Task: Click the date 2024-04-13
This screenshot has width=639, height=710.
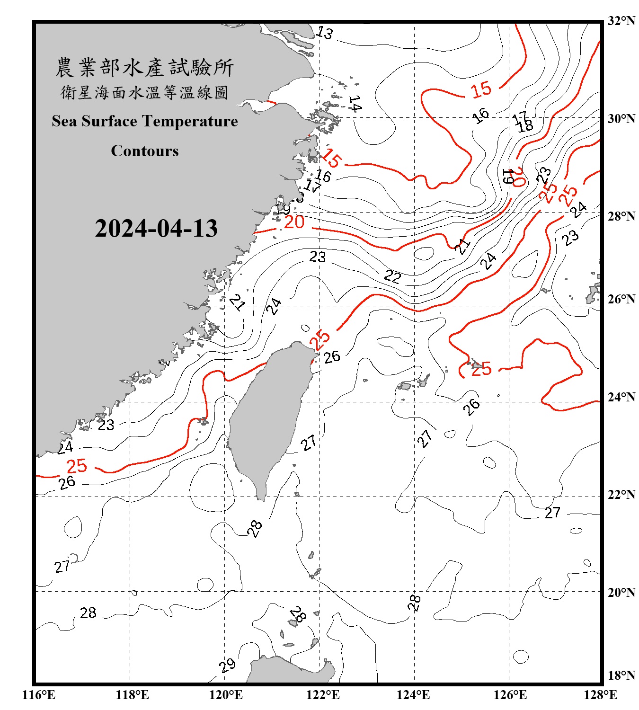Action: (156, 229)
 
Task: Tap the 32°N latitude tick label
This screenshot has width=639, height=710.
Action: (621, 21)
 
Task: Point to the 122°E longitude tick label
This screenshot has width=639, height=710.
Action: (323, 695)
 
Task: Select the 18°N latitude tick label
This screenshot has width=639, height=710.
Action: (621, 675)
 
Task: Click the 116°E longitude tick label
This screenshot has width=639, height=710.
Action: (39, 695)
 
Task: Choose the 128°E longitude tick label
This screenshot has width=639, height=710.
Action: (600, 695)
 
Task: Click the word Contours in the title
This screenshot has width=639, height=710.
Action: (145, 151)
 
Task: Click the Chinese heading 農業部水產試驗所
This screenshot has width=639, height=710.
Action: (144, 68)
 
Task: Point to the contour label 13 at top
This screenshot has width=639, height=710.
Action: (325, 33)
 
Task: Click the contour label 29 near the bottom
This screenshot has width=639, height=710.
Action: (228, 665)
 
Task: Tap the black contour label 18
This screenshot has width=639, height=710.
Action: (525, 126)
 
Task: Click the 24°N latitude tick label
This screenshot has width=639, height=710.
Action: (621, 397)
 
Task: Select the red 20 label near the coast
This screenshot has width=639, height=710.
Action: (294, 222)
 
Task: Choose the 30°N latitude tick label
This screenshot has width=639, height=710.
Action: (621, 118)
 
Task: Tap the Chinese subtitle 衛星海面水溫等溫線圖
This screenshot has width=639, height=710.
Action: (144, 93)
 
